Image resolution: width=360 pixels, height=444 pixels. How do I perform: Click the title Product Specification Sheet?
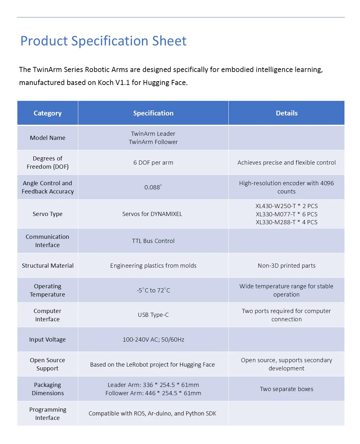103,41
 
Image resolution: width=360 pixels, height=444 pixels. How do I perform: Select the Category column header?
48,113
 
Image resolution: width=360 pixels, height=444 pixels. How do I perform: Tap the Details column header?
286,113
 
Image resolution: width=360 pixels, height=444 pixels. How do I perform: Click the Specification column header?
153,113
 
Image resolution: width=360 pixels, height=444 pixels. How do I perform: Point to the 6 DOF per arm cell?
153,163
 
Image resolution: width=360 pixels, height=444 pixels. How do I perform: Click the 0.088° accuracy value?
153,187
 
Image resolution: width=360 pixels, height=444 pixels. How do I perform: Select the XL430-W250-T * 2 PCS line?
286,206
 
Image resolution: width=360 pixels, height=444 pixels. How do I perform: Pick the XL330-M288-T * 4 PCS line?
286,222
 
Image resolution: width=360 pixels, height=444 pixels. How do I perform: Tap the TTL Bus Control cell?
153,241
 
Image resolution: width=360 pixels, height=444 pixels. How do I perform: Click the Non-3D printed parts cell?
286,266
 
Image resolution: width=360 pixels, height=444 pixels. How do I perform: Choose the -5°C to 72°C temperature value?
153,291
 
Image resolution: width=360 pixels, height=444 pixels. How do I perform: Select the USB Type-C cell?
153,315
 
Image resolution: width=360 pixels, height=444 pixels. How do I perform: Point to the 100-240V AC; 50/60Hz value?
153,340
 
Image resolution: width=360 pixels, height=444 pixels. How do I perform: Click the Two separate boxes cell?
286,389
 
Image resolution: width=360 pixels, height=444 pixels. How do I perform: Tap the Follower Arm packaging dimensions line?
153,393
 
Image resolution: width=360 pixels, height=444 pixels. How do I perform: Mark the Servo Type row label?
48,214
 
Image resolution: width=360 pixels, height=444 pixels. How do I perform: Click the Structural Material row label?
48,266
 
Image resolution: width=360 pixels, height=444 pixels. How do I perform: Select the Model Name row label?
48,138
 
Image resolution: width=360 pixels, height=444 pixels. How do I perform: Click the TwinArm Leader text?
153,134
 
